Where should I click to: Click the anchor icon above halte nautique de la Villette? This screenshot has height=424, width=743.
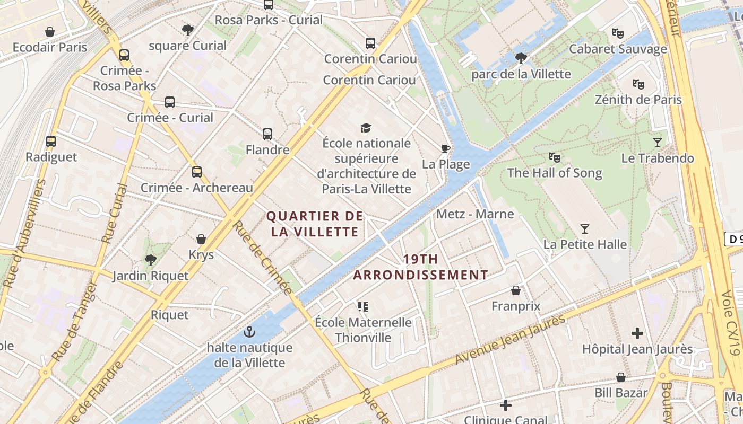tap(249, 332)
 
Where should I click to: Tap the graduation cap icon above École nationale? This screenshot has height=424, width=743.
tap(366, 128)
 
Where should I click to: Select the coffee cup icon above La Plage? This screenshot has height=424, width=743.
tap(445, 148)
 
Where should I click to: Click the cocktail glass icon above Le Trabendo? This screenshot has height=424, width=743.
tap(658, 142)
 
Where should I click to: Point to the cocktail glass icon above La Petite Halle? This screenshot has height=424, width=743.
tap(585, 229)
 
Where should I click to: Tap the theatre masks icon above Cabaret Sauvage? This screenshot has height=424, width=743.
tap(617, 33)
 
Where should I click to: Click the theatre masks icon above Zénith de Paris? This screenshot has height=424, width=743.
tap(638, 84)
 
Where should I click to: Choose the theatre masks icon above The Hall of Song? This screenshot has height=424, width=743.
tap(554, 157)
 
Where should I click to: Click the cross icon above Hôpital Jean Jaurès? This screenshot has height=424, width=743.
tap(637, 333)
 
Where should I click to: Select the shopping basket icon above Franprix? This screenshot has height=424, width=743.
tap(515, 290)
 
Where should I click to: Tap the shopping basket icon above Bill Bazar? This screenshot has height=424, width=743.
tap(620, 377)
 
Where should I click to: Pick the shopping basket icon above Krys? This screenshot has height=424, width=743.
tap(201, 239)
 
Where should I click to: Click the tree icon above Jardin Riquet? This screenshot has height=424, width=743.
tap(150, 260)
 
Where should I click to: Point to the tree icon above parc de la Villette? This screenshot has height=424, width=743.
tap(521, 58)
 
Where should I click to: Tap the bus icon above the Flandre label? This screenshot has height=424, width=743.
tap(267, 134)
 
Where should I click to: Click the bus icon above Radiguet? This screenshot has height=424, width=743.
tap(51, 142)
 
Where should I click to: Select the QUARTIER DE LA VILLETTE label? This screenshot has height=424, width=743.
tap(315, 224)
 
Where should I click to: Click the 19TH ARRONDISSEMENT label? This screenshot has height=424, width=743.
tap(420, 267)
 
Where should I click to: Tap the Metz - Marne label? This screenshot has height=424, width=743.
tap(475, 214)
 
